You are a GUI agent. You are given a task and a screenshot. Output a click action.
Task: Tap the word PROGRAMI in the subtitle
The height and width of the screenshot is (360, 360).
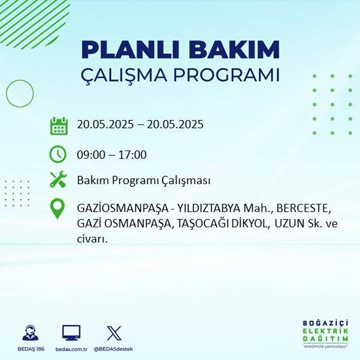coord(230,74)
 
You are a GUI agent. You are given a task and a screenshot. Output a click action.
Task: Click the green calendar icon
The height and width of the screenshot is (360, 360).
coord(58,126)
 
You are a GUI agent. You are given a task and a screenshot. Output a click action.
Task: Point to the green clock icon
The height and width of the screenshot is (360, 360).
coord(58,154)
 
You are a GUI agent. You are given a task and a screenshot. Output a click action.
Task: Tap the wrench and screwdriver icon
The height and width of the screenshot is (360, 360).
coord(58,180)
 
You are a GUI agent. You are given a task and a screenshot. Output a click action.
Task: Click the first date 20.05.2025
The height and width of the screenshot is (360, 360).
coord(105,124)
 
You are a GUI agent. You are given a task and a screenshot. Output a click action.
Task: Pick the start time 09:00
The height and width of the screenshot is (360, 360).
coord(90,154)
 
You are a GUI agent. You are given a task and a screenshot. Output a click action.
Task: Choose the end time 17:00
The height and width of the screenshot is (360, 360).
coord(133,154)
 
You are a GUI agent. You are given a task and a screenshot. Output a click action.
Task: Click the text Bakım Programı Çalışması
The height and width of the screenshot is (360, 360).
coord(143,180)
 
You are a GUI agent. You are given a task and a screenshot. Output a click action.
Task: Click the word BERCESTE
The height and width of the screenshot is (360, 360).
coord(308,208)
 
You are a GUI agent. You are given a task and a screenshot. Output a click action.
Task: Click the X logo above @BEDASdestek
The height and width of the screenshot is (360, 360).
coord(114,333)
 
